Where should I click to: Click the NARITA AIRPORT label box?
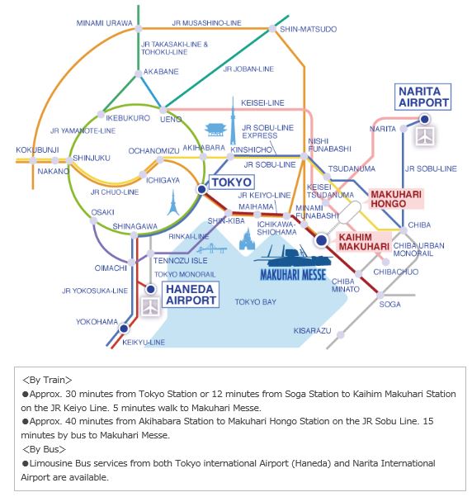click(x=422, y=97)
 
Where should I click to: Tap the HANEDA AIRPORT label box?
click(x=191, y=295)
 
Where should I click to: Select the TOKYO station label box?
click(x=232, y=182)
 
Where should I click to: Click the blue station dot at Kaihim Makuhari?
click(x=321, y=240)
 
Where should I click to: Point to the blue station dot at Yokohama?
click(x=124, y=329)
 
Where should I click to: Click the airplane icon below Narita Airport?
click(x=425, y=136)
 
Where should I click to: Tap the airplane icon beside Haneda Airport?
click(x=150, y=306)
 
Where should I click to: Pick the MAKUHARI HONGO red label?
click(x=396, y=199)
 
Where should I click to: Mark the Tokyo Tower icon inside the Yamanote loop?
click(x=173, y=203)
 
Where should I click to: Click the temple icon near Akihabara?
click(x=215, y=130)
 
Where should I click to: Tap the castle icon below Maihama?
click(x=247, y=239)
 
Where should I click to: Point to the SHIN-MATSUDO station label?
click(x=309, y=30)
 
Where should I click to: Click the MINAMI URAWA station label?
click(x=104, y=23)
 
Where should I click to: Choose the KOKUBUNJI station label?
click(x=37, y=149)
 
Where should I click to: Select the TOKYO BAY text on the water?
click(x=255, y=302)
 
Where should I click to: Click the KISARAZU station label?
click(x=312, y=331)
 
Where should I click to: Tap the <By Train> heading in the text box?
click(x=47, y=380)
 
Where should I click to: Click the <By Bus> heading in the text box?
click(x=44, y=449)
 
